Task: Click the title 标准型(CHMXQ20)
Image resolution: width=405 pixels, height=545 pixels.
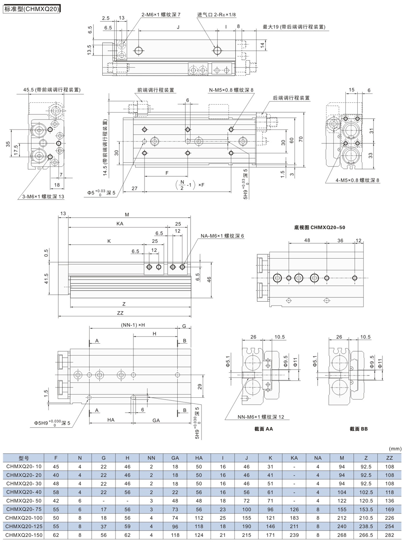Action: pyautogui.click(x=32, y=9)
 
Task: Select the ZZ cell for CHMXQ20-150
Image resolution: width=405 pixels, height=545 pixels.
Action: pyautogui.click(x=389, y=535)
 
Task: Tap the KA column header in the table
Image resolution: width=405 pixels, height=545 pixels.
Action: pyautogui.click(x=294, y=458)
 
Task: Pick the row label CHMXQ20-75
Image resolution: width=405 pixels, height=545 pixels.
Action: pyautogui.click(x=24, y=509)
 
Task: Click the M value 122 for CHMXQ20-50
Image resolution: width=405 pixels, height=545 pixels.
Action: pyautogui.click(x=341, y=501)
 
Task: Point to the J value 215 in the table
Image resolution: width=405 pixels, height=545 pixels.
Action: pyautogui.click(x=246, y=535)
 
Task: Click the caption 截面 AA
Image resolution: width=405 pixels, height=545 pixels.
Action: pyautogui.click(x=263, y=429)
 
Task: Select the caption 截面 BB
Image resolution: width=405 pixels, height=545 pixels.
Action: pyautogui.click(x=359, y=429)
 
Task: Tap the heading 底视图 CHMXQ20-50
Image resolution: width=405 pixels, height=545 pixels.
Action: pyautogui.click(x=319, y=227)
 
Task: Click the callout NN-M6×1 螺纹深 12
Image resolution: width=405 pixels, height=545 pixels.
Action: pyautogui.click(x=260, y=417)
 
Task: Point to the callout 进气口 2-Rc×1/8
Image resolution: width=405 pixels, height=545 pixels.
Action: pyautogui.click(x=216, y=15)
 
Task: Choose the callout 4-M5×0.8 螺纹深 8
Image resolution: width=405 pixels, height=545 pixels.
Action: pyautogui.click(x=357, y=180)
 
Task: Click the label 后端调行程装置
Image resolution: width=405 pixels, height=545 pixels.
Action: pyautogui.click(x=291, y=98)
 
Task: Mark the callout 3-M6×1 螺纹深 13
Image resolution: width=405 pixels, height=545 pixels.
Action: pyautogui.click(x=43, y=196)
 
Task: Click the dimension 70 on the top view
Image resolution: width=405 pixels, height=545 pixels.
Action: pyautogui.click(x=301, y=139)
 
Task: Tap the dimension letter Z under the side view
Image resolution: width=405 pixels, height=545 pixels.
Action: pyautogui.click(x=124, y=304)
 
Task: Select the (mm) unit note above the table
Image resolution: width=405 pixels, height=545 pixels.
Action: pyautogui.click(x=395, y=449)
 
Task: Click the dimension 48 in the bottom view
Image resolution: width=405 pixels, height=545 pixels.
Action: pyautogui.click(x=307, y=240)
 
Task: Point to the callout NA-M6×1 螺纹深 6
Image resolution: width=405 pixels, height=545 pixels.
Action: pyautogui.click(x=222, y=236)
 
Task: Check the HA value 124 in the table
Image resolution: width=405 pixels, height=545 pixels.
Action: pyautogui.click(x=199, y=535)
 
